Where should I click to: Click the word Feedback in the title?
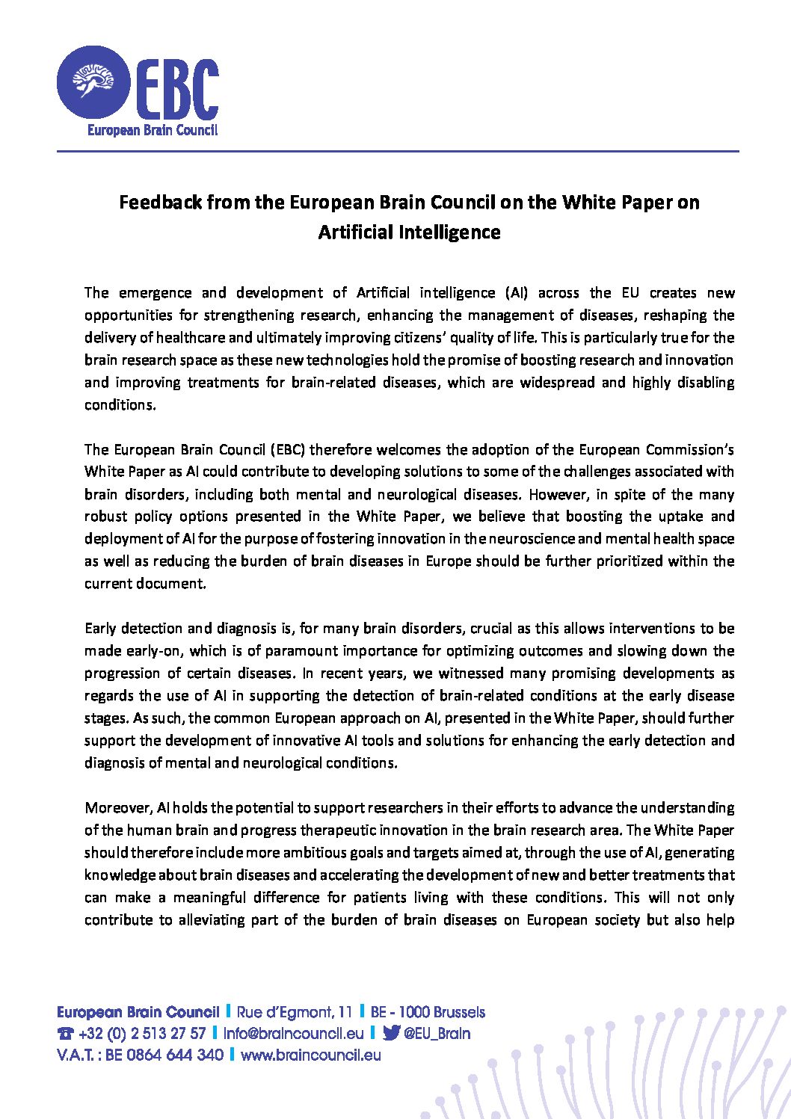pyautogui.click(x=160, y=203)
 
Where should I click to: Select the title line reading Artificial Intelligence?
pyautogui.click(x=409, y=232)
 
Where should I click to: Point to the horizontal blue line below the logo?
pyautogui.click(x=397, y=152)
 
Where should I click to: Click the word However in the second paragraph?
pyautogui.click(x=555, y=494)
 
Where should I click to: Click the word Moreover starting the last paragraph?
pyautogui.click(x=118, y=807)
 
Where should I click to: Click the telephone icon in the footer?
pyautogui.click(x=65, y=1035)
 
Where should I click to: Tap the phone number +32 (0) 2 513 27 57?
pyautogui.click(x=141, y=1034)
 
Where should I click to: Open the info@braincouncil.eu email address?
pyautogui.click(x=293, y=1034)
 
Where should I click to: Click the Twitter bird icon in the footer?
pyautogui.click(x=390, y=1034)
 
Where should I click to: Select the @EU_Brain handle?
pyautogui.click(x=437, y=1034)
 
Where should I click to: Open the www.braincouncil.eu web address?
pyautogui.click(x=311, y=1055)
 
